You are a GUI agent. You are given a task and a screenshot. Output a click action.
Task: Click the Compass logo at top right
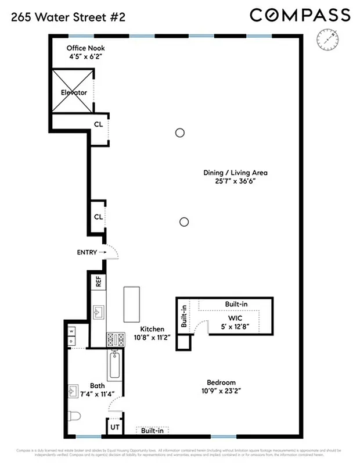pos(300,15)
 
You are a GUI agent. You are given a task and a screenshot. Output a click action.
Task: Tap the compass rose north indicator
pos(327,39)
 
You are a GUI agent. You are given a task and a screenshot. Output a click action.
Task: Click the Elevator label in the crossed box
pos(74,92)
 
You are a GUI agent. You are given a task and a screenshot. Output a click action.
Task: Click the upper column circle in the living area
pos(180,133)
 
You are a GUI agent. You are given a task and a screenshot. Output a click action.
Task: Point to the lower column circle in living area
pos(184,221)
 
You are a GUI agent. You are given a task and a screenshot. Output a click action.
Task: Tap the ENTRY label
pos(87,252)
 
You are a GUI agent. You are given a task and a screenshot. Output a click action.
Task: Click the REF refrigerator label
pos(99,282)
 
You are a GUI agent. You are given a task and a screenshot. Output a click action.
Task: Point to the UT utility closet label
pos(113,428)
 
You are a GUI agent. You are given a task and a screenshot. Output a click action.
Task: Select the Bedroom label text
pos(221,382)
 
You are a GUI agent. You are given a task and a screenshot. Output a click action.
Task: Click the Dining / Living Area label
pos(235,173)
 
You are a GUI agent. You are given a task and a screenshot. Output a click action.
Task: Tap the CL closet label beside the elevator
pos(98,124)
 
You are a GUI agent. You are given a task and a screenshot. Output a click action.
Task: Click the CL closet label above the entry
pos(98,217)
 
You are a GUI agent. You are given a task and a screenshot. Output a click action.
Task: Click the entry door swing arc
pos(114,252)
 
